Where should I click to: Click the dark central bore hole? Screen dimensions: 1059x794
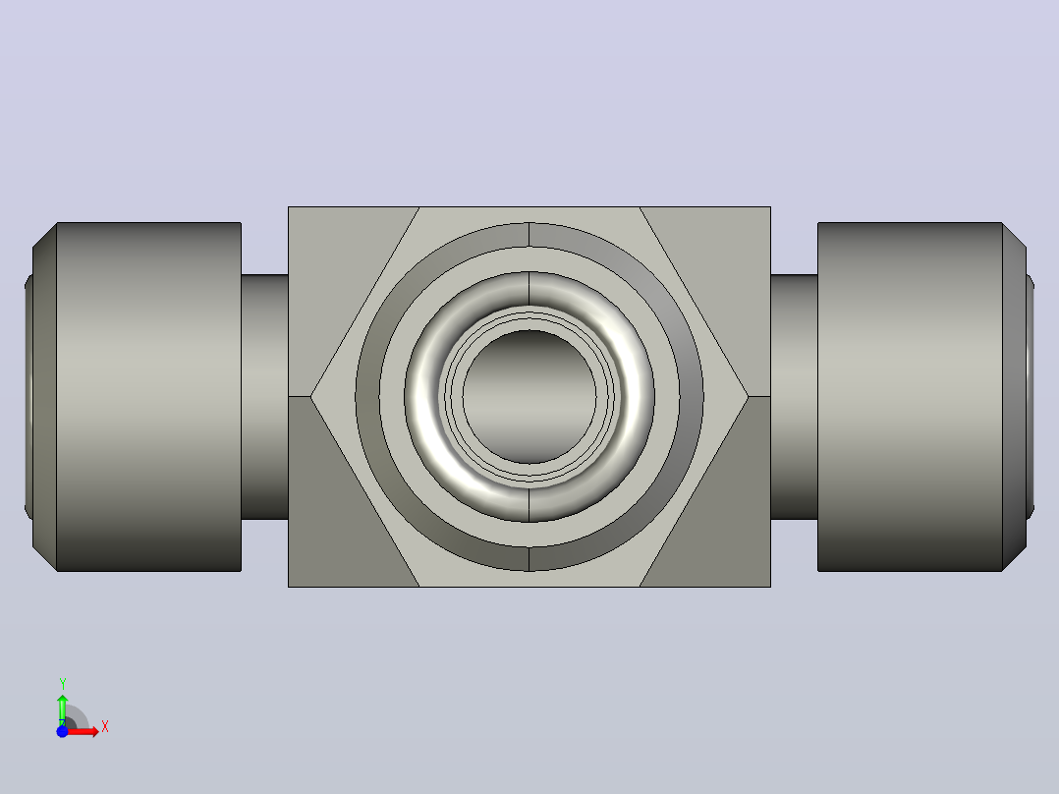529,397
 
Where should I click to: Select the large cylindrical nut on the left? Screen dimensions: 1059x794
148,397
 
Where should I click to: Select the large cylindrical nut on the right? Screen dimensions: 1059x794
910,397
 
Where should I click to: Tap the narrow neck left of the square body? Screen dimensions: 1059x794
265,397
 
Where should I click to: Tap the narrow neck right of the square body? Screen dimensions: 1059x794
794,397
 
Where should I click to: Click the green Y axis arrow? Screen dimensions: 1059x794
62,709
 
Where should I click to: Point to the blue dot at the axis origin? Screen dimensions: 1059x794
62,731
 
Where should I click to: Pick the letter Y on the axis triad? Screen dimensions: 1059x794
62,683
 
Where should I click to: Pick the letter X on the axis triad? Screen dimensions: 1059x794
105,727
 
